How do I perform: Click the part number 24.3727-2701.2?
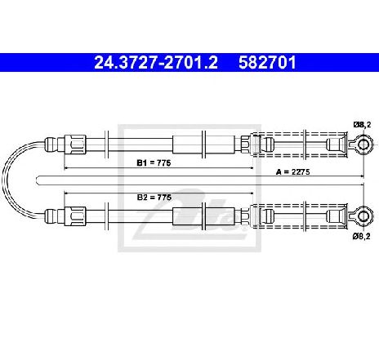click(x=156, y=63)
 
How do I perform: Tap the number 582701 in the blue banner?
click(x=267, y=63)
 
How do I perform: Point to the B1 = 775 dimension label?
click(x=154, y=163)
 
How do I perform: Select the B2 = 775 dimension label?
click(x=154, y=198)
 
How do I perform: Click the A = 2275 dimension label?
click(x=292, y=172)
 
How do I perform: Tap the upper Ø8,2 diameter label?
click(x=362, y=125)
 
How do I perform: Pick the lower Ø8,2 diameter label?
click(x=361, y=236)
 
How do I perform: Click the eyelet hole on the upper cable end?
click(x=363, y=144)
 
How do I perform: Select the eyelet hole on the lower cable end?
click(x=363, y=216)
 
